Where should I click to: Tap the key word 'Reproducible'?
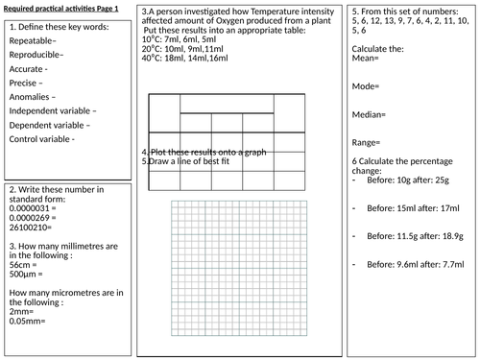click(36, 56)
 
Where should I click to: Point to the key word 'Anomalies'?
click(33, 97)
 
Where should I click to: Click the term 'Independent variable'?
click(51, 111)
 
